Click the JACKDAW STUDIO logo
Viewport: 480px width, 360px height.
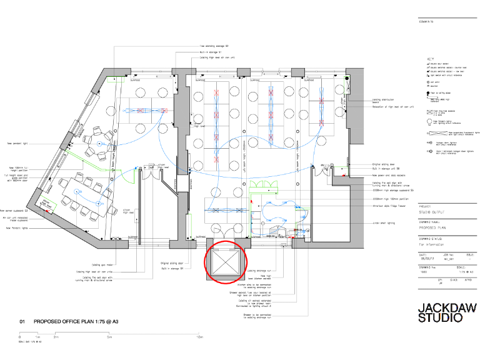tap(441, 312)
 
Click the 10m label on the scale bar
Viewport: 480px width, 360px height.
tap(199, 337)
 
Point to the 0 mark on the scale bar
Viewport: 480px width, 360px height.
tap(19, 337)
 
